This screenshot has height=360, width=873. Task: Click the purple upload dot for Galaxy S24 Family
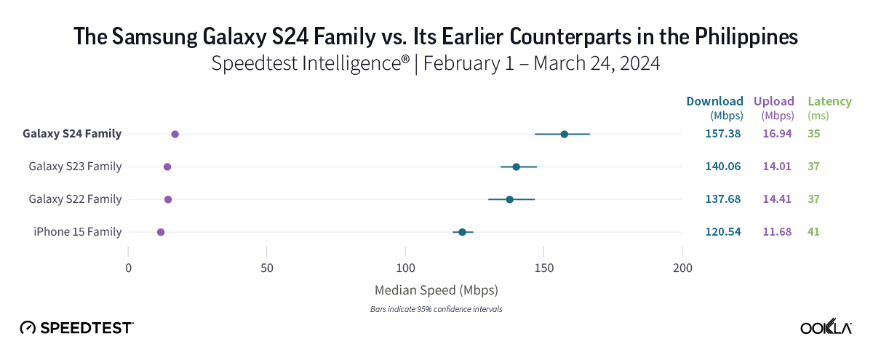click(175, 134)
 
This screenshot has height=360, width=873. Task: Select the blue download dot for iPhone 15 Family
click(462, 232)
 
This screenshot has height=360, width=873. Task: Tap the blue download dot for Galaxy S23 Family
click(517, 167)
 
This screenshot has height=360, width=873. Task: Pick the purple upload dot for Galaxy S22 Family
click(168, 199)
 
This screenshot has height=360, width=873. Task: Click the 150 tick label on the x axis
click(543, 268)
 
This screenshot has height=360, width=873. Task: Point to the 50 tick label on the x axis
click(267, 268)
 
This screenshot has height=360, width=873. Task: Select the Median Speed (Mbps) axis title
click(436, 290)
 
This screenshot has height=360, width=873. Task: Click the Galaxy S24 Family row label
click(72, 134)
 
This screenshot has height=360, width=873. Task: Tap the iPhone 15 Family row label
click(77, 232)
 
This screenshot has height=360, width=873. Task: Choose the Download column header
click(714, 101)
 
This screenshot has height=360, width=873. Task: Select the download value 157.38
click(722, 134)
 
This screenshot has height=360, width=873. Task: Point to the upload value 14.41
click(776, 199)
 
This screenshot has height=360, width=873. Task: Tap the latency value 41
click(813, 232)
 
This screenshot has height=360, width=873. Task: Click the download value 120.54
click(722, 232)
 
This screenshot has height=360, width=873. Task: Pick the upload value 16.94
click(776, 134)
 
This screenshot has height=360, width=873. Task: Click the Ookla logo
click(826, 328)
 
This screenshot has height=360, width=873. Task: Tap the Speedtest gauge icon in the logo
click(28, 328)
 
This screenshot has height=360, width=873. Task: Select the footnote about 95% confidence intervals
click(436, 309)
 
